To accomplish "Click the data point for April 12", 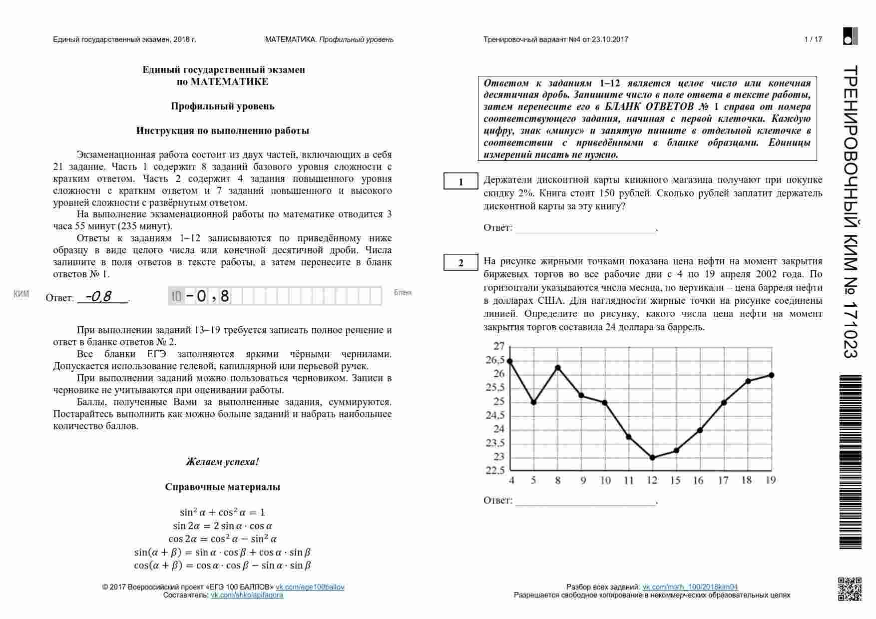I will pos(652,458).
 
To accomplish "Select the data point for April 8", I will pos(558,368).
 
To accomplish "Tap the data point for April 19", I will pos(772,375).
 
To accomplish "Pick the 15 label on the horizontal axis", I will pos(675,481).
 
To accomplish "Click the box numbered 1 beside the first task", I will pos(461,182).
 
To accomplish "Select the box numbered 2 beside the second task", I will pos(461,263).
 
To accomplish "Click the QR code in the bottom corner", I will pos(849,589).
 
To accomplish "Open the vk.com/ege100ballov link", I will pos(310,587).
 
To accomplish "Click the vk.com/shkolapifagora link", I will pos(247,595).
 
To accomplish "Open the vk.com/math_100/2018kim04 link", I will pos(690,587).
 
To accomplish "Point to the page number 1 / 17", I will pos(813,39).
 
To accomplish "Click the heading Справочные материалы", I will pos(222,487).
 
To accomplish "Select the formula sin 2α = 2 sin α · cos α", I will pos(222,526).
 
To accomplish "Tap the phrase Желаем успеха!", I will pos(222,462).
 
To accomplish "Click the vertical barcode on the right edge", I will pos(850,462).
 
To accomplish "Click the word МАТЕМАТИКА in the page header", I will pos(291,39).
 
